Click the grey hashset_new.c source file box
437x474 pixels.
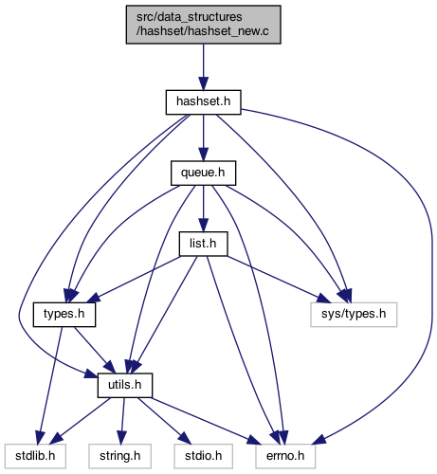tap(204, 25)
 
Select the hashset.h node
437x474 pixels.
tap(204, 102)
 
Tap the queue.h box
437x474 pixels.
tap(203, 173)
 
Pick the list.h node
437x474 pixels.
tap(203, 244)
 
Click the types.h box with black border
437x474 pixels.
tap(64, 315)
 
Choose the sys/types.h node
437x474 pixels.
tap(354, 315)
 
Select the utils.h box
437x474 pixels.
tap(125, 385)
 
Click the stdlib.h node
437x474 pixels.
tap(35, 456)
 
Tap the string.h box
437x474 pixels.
tap(120, 456)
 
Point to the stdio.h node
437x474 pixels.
tap(203, 456)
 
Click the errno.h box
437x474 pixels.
tap(285, 456)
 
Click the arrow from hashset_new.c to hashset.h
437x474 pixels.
tap(204, 67)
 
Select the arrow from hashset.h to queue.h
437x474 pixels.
tap(204, 137)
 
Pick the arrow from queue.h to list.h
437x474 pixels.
tap(204, 209)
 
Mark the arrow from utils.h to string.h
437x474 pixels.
tap(122, 421)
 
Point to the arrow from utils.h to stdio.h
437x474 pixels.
tap(164, 421)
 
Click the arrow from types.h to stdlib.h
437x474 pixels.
tap(50, 386)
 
